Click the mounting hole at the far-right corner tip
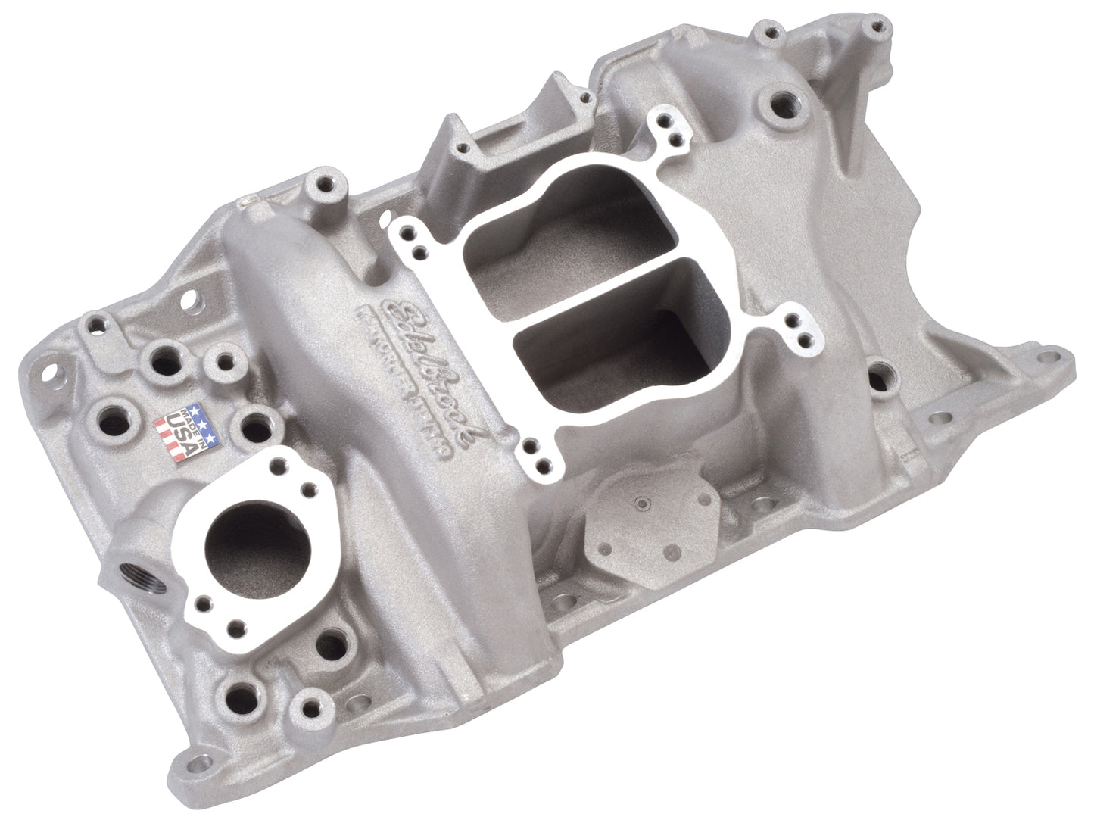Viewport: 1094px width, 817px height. pyautogui.click(x=1050, y=355)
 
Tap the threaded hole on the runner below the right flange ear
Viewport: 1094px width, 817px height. pyautogui.click(x=878, y=376)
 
